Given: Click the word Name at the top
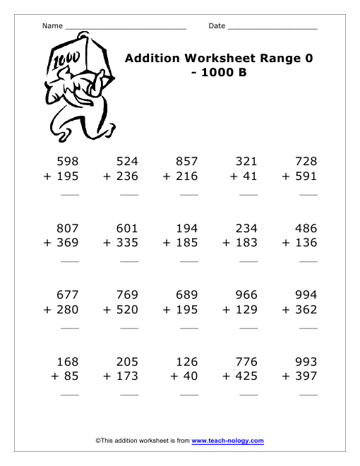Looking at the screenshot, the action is [x=52, y=26].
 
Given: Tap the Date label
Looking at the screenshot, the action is [x=217, y=26].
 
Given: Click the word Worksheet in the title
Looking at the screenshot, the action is [x=217, y=58].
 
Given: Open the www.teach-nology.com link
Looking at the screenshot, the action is [x=227, y=441].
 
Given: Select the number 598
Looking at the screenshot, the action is [x=68, y=161].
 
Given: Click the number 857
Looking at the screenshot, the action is [x=187, y=161].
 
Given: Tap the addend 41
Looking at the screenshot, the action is [x=250, y=176].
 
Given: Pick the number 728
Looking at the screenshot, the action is [x=306, y=161].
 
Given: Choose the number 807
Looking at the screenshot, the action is [x=68, y=228].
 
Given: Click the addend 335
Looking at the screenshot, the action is [x=127, y=243].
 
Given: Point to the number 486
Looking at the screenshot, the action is [x=306, y=228].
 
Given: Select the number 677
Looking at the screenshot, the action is [x=68, y=294].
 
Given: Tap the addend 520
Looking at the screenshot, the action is [x=127, y=309].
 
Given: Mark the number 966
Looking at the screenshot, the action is [x=247, y=294].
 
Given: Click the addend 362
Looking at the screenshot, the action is [x=306, y=309].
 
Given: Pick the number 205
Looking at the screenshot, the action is [x=127, y=362].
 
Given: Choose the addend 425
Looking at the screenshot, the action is [x=247, y=376].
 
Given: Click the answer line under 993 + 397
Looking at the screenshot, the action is [x=308, y=395].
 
